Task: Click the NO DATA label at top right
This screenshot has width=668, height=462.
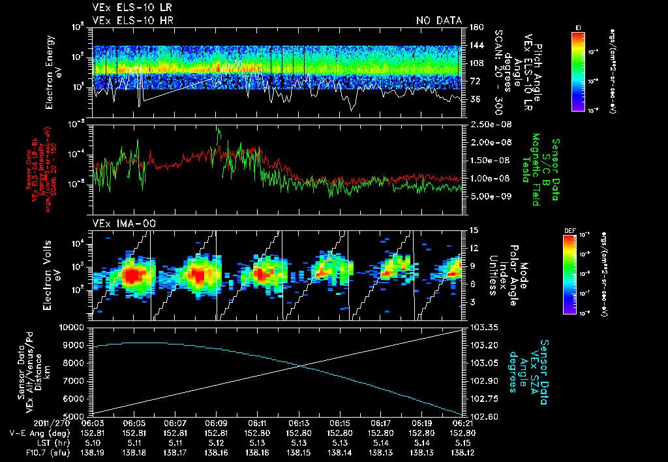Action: tap(439, 21)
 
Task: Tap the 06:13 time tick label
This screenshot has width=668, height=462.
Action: tap(299, 423)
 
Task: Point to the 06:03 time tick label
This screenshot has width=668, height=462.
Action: tap(93, 423)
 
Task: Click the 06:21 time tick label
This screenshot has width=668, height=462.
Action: tap(463, 423)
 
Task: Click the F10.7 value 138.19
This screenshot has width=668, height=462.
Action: tap(93, 451)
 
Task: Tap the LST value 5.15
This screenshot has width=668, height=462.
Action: tap(463, 442)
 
